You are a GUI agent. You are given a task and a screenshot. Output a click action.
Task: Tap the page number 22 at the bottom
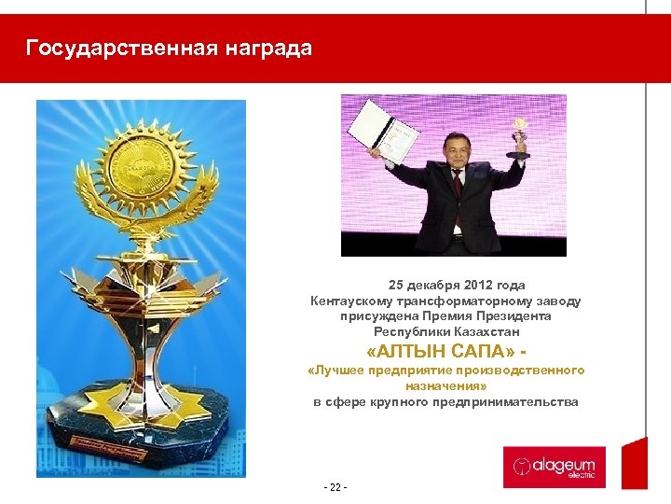333,486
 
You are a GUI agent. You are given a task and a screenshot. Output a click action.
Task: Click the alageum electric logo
555,466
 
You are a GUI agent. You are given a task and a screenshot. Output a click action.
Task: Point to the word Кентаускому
350,301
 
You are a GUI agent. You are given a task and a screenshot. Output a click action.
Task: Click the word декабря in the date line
427,286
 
